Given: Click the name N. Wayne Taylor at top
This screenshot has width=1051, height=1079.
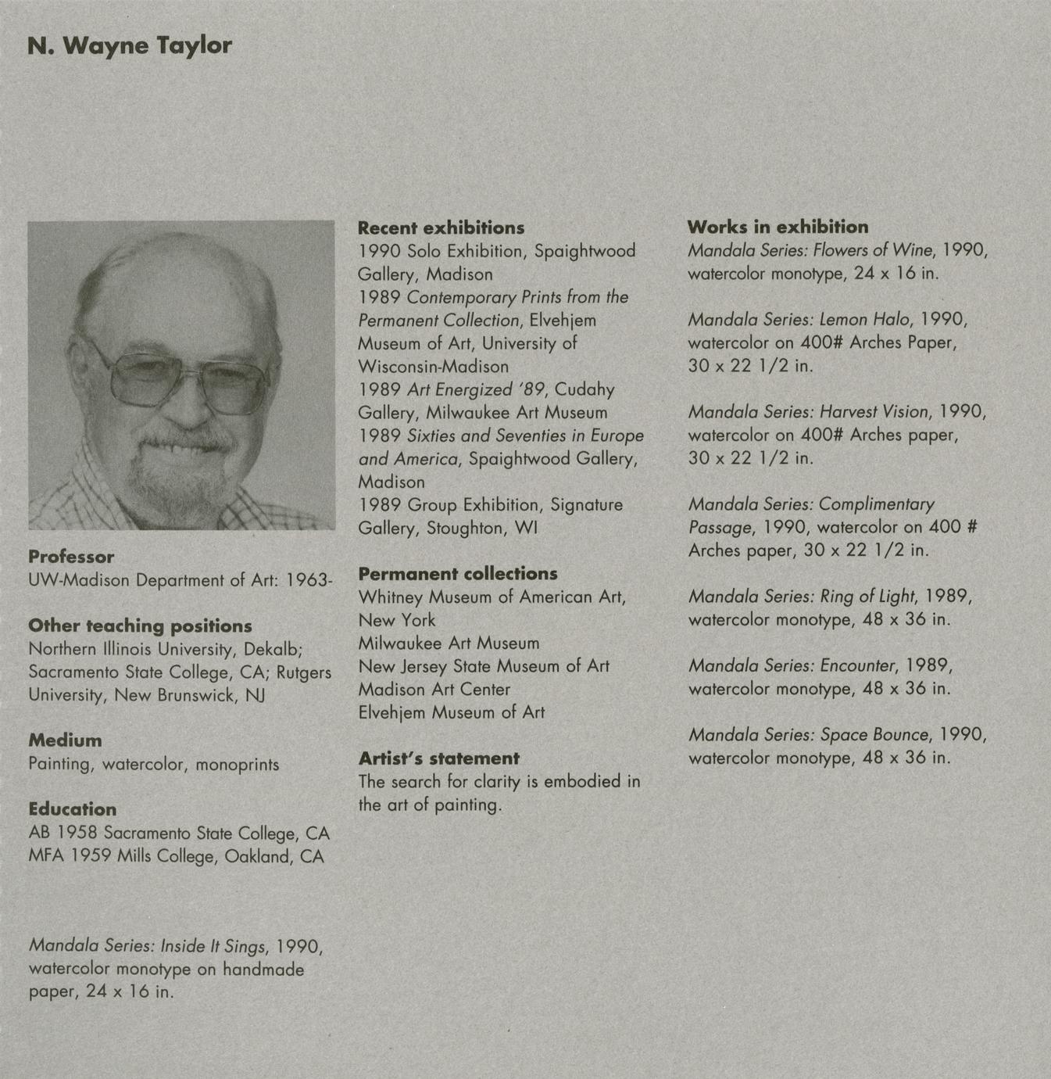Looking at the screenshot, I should [x=130, y=45].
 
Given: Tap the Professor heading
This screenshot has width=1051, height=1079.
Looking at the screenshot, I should [x=71, y=557].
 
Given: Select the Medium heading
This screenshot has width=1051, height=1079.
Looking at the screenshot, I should [x=65, y=740].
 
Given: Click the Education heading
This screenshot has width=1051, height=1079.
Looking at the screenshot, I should [x=72, y=809].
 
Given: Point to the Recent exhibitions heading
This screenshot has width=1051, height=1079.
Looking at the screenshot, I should [x=441, y=228].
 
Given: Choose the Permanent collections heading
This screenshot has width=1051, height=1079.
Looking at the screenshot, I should [x=458, y=573].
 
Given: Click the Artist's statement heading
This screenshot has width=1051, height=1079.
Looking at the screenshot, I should [x=438, y=758].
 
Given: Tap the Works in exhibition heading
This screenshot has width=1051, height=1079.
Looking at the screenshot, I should [x=778, y=227].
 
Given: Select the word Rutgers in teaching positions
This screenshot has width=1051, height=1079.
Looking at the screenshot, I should [x=304, y=672].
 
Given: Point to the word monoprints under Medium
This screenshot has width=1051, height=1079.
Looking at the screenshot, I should [x=237, y=764].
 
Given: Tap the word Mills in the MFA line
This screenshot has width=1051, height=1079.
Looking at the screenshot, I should [x=134, y=856].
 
